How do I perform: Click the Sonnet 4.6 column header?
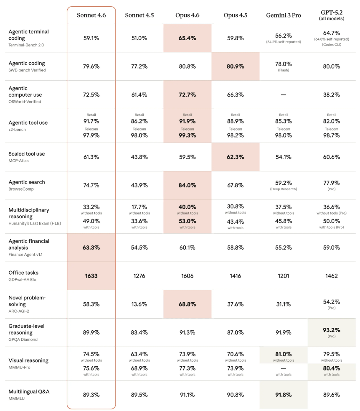coord(91,15)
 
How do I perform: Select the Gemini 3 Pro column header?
coord(283,15)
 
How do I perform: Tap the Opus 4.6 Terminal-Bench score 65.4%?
coord(188,38)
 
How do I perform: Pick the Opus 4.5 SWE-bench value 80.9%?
coord(236,66)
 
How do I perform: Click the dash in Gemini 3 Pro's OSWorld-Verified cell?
coord(283,95)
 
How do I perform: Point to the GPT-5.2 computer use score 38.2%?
coord(332,95)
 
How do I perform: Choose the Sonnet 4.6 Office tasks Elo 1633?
coord(91,276)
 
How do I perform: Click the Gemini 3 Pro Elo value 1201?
coord(283,276)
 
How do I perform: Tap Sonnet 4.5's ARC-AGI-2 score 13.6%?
coord(139,304)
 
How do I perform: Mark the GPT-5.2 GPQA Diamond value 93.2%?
coord(332,329)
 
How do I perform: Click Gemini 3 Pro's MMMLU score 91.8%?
coord(283,395)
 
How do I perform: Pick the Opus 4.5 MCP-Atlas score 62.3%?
coord(236,157)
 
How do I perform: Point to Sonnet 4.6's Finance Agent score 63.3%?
coord(91,248)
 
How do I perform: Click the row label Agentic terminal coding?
coord(28,35)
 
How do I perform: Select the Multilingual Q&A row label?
coord(29,392)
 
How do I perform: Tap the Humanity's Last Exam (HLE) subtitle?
coord(32,223)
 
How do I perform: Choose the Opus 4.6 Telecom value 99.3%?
coord(188,135)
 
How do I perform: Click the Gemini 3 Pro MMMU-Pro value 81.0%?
coord(283,354)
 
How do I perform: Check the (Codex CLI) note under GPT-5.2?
coord(332,44)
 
